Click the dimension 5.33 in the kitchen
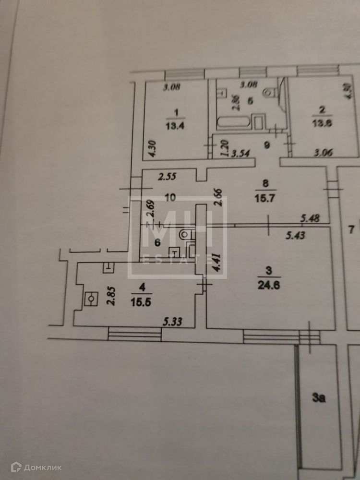coord(172,322)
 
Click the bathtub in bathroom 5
coord(235,122)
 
